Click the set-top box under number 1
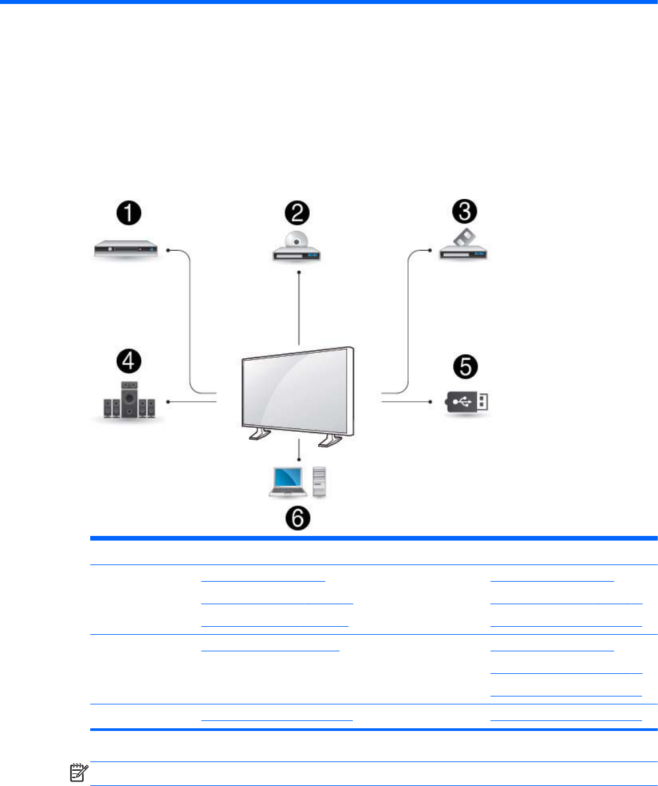point(126,250)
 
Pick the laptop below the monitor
point(283,481)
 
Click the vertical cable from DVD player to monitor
point(300,308)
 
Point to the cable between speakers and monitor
point(192,401)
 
